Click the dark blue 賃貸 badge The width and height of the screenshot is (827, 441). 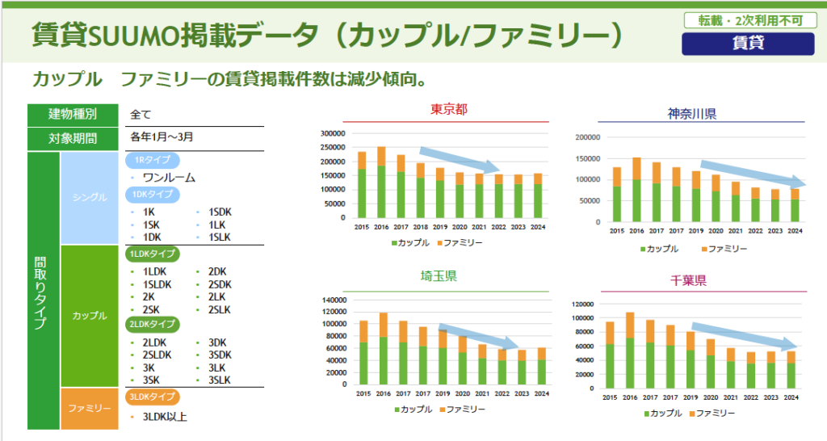click(x=748, y=44)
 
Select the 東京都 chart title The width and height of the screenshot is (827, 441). click(x=449, y=110)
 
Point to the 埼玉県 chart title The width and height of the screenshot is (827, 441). click(x=439, y=276)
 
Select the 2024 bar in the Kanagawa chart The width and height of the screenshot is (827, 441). click(x=795, y=205)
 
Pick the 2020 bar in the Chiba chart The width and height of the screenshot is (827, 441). click(x=711, y=364)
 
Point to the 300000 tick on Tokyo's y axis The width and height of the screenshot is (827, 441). click(x=333, y=134)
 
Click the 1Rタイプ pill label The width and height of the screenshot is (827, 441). click(x=152, y=160)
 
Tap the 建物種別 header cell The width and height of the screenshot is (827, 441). click(x=73, y=114)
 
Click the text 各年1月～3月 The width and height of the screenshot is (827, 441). click(x=162, y=137)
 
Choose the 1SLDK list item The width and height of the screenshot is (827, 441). click(x=157, y=284)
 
